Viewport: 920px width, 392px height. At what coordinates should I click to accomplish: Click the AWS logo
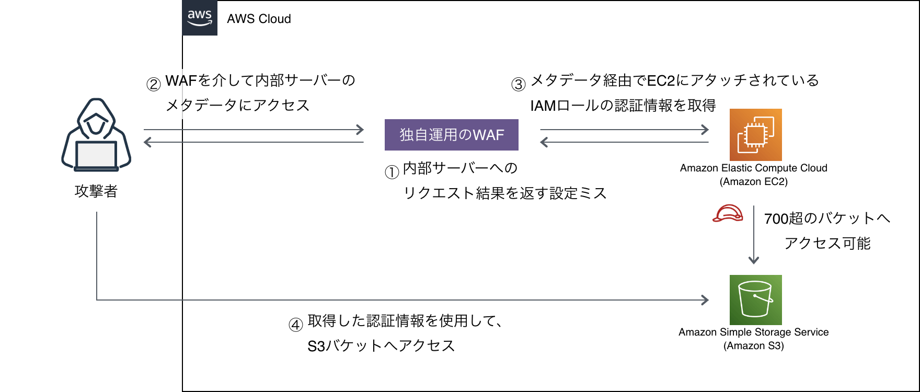point(200,18)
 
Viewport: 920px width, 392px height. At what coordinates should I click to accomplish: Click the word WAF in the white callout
point(181,80)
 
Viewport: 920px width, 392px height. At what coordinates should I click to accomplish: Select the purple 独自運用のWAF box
point(452,135)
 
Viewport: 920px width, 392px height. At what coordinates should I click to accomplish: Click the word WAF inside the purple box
point(488,135)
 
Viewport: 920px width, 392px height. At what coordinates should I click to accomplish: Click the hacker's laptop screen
point(96,155)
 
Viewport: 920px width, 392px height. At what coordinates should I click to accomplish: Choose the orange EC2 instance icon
point(756,135)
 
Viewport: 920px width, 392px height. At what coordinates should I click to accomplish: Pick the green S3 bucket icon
point(756,300)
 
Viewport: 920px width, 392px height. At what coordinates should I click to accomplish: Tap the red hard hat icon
point(728,213)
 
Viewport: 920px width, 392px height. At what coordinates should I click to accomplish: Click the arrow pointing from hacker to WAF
point(254,130)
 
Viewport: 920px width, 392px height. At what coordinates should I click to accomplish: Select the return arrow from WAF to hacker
point(254,142)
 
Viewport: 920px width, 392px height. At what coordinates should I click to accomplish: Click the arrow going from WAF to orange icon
point(625,130)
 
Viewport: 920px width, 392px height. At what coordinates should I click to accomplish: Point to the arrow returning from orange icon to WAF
point(625,142)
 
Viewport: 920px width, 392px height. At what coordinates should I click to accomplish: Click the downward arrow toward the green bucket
point(753,235)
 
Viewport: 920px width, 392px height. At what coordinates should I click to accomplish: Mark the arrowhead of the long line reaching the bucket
point(706,300)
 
